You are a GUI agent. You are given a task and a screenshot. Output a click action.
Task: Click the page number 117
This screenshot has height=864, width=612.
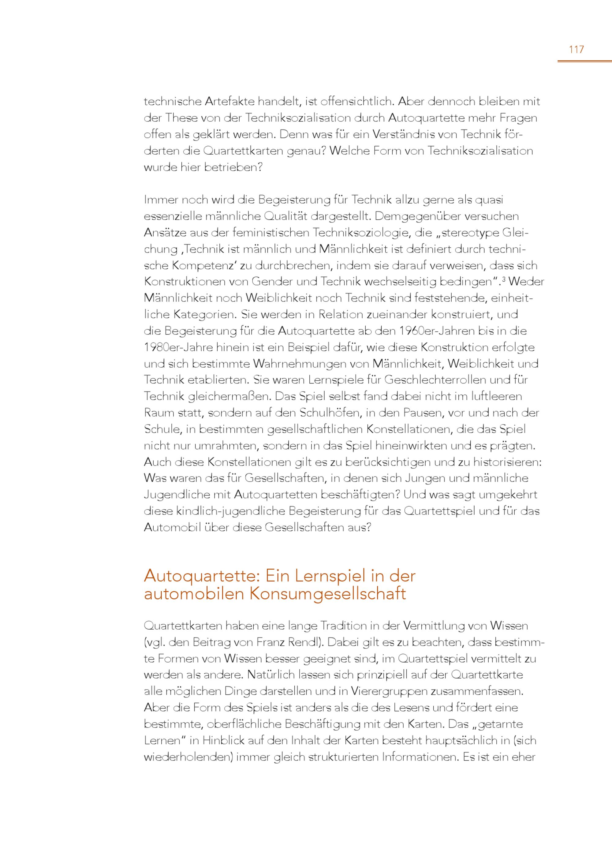576,49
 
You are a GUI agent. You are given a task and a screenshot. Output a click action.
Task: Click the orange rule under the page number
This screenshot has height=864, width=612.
584,61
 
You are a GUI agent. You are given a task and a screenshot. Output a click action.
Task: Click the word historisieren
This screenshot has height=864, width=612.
507,462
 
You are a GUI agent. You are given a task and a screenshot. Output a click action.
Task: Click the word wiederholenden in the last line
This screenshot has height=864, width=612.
188,757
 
